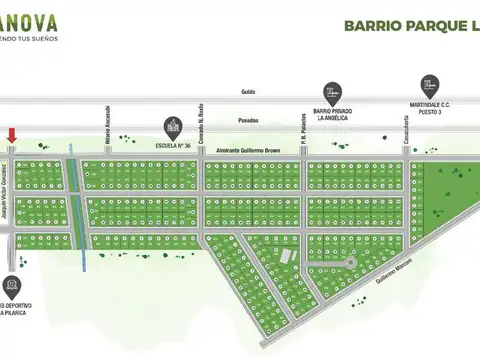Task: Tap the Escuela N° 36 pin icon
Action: coord(171,127)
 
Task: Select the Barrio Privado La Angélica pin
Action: coord(330,92)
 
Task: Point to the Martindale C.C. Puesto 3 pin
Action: coord(427,84)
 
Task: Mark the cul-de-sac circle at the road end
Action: coord(350,261)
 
